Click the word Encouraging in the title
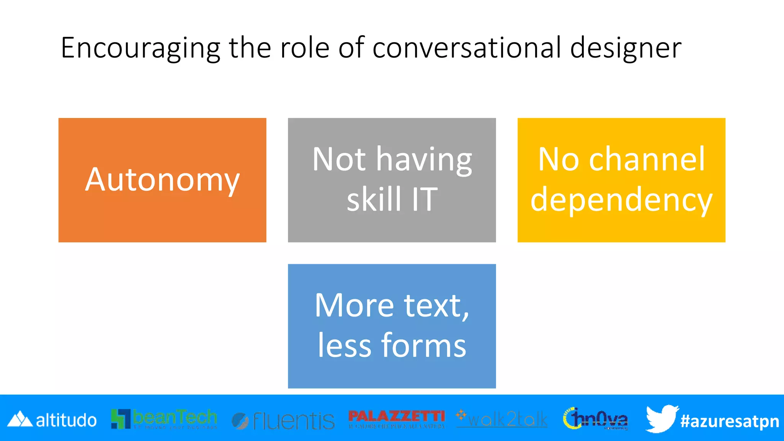coord(140,48)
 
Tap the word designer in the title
coord(626,48)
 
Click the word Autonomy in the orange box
coord(162,180)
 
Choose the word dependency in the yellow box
coord(621,200)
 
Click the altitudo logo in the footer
coord(52,420)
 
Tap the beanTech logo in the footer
coord(164,419)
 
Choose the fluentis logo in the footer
coord(283,421)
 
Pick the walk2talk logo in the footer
coord(502,419)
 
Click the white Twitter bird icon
coord(661,418)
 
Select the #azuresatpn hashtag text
coord(730,421)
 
